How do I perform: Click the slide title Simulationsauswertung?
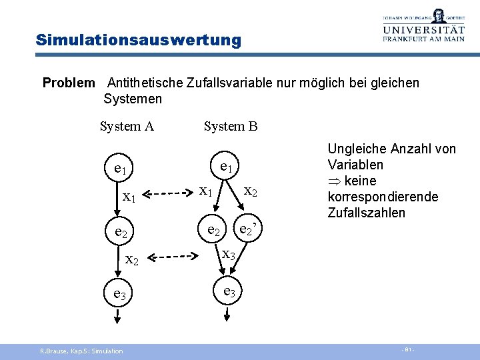pyautogui.click(x=139, y=40)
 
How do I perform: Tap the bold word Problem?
pyautogui.click(x=69, y=83)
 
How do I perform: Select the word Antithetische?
pyautogui.click(x=144, y=83)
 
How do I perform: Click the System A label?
pyautogui.click(x=127, y=127)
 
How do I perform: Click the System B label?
pyautogui.click(x=231, y=127)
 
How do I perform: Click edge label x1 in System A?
pyautogui.click(x=130, y=197)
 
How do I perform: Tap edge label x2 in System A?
pyautogui.click(x=132, y=259)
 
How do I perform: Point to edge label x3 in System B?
pyautogui.click(x=229, y=254)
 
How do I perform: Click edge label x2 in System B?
pyautogui.click(x=251, y=191)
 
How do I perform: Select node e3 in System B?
pyautogui.click(x=229, y=291)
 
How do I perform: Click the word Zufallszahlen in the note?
pyautogui.click(x=367, y=213)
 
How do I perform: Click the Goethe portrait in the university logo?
pyautogui.click(x=438, y=15)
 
